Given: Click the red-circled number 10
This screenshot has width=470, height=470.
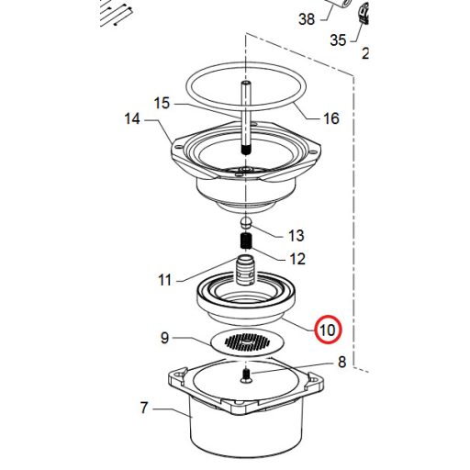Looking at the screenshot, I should [x=328, y=328].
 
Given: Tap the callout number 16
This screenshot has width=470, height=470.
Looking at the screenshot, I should [x=330, y=118].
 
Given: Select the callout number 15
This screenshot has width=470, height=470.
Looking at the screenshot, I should [x=162, y=103].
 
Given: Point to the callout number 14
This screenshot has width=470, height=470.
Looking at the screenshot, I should [x=134, y=118].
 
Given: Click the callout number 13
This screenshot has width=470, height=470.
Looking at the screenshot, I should [x=296, y=236].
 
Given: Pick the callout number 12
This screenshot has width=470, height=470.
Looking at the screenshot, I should [x=297, y=259].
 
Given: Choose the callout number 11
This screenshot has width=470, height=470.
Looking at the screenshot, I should [x=164, y=279].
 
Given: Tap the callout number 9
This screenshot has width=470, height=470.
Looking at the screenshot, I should [x=165, y=338].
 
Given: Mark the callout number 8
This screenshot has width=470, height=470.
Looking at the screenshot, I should [x=341, y=362].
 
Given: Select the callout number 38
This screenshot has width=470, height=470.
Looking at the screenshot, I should [x=307, y=18].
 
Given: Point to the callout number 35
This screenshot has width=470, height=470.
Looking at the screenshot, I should [x=339, y=40].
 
